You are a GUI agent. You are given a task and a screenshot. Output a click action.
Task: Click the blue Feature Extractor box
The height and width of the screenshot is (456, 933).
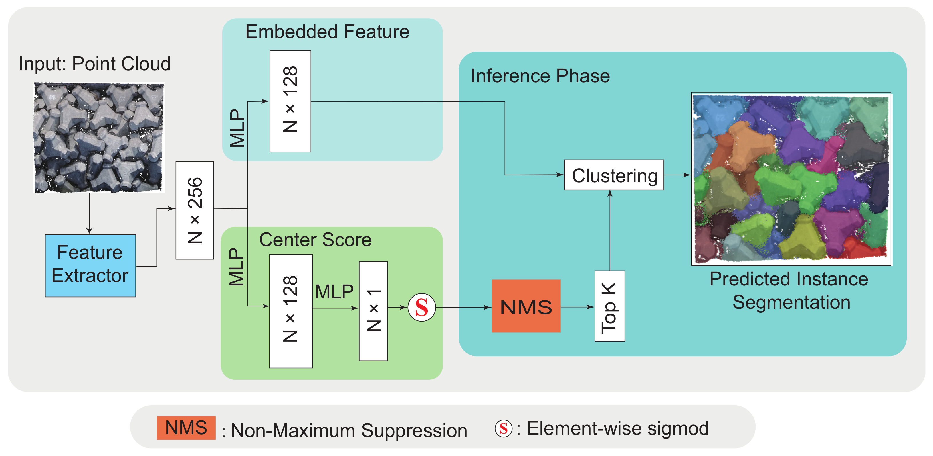90,266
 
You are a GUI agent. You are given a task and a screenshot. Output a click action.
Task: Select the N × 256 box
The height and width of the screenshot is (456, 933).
195,210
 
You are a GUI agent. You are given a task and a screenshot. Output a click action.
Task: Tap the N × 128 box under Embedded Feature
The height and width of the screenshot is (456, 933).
290,101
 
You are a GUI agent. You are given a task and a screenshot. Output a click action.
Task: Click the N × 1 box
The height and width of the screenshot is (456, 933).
373,311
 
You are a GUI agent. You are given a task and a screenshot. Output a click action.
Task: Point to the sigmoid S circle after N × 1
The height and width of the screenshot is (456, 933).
422,307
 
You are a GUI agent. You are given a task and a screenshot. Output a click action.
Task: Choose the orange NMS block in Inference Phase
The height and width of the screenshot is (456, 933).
526,306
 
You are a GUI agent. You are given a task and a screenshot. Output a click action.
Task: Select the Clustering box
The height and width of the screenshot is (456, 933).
614,175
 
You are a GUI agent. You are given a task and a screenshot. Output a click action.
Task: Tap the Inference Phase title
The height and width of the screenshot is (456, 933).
540,76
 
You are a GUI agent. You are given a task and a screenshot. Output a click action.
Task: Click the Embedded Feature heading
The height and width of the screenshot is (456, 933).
327,32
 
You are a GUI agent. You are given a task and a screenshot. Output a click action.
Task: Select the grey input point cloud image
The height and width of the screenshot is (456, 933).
99,138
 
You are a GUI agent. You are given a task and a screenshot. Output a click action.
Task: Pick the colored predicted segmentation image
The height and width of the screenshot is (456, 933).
791,179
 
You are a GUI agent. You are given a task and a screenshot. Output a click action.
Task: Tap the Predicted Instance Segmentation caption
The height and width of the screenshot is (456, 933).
790,291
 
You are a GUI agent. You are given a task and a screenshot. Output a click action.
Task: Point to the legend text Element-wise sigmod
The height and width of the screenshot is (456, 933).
617,428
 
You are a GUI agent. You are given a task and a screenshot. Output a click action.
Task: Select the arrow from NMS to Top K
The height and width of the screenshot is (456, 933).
577,307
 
